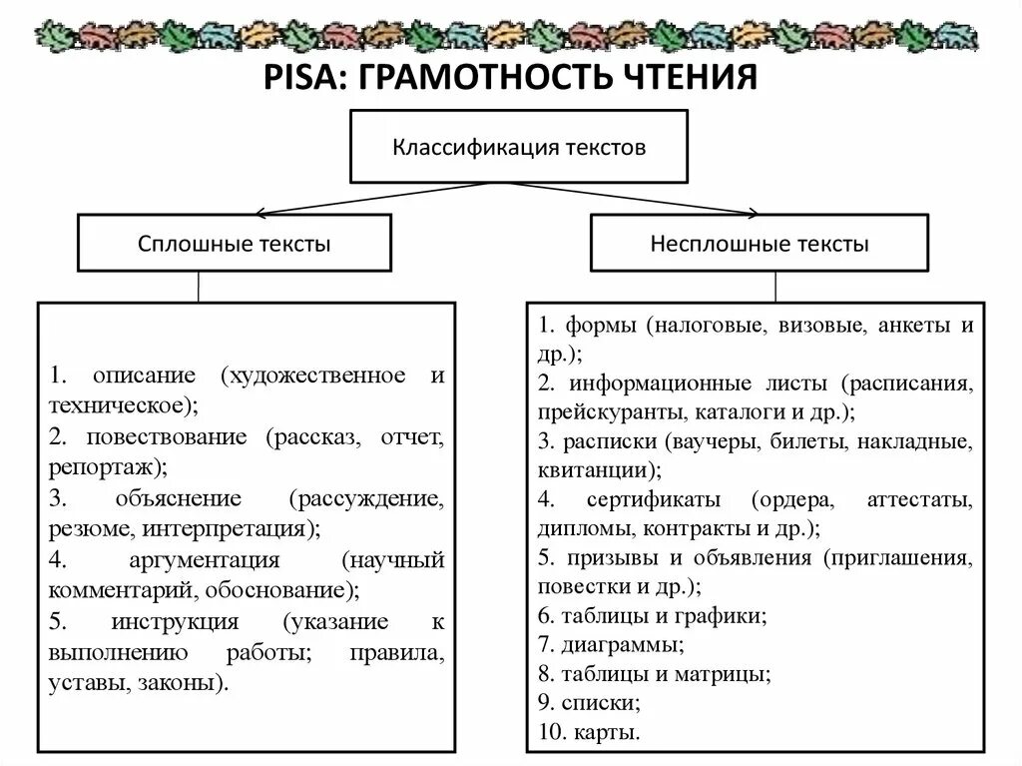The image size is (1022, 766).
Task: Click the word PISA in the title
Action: (302, 77)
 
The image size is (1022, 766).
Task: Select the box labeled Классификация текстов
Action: (518, 147)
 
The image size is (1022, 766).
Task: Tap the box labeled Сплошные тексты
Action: (234, 244)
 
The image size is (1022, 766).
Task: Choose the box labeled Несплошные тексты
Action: (760, 244)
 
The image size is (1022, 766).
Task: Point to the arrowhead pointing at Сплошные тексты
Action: (258, 213)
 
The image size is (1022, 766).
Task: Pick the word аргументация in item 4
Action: (204, 559)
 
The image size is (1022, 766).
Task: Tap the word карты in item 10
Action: (606, 733)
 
